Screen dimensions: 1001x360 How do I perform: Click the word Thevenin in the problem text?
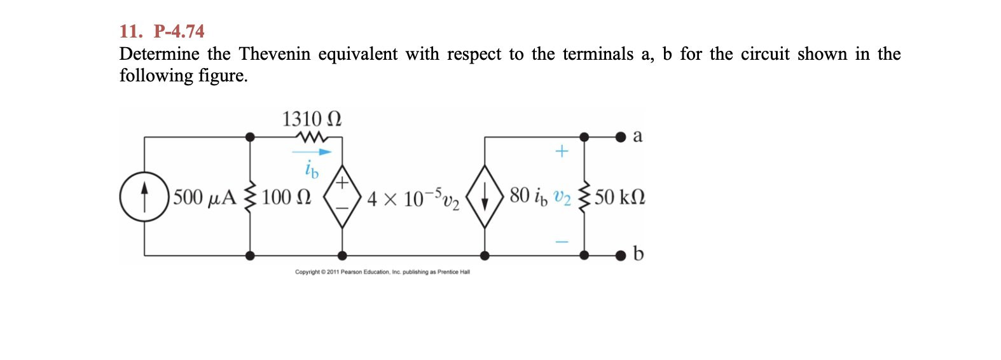(275, 54)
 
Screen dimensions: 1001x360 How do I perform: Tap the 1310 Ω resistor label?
(312, 119)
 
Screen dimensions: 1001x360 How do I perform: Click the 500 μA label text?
(204, 197)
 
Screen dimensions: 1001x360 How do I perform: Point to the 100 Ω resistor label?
(286, 197)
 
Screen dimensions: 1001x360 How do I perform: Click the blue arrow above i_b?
(312, 152)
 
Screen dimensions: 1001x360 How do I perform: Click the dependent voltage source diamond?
(342, 197)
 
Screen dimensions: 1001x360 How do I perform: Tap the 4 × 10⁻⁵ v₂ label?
(413, 198)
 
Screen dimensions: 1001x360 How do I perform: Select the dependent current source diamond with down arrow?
(485, 197)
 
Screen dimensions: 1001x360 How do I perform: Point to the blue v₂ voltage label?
(562, 197)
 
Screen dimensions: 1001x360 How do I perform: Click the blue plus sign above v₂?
(562, 151)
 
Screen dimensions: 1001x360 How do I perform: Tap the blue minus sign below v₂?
(562, 242)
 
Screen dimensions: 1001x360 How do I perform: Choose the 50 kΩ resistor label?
(620, 197)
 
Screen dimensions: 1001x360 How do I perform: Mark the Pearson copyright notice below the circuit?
(382, 272)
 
